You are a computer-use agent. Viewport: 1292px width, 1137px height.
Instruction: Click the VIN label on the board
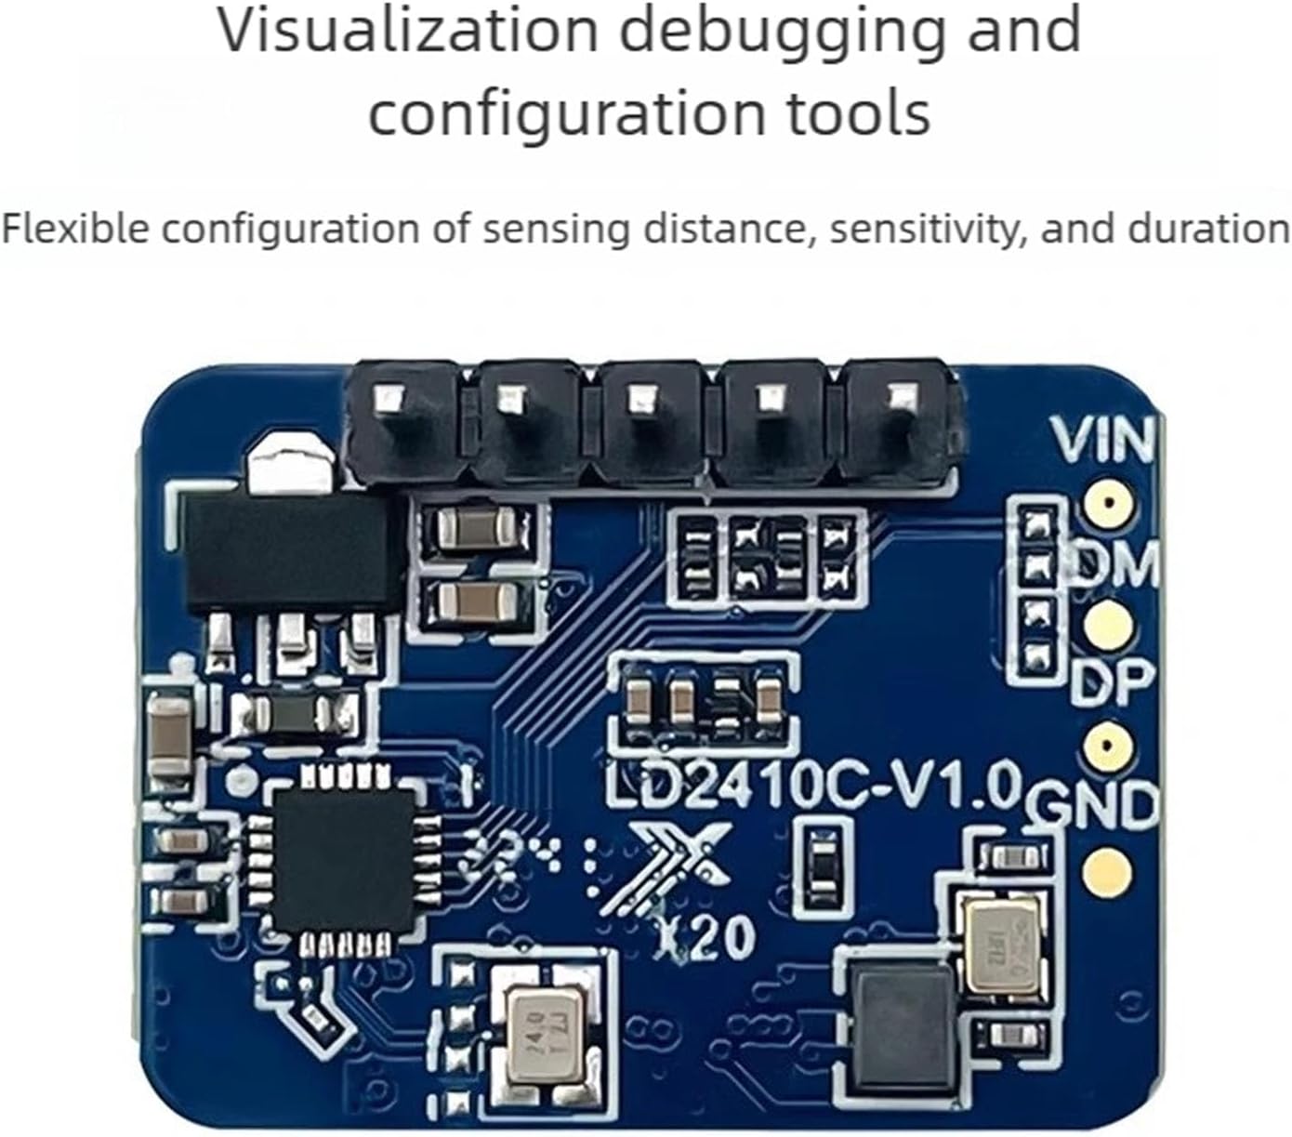1102,441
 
